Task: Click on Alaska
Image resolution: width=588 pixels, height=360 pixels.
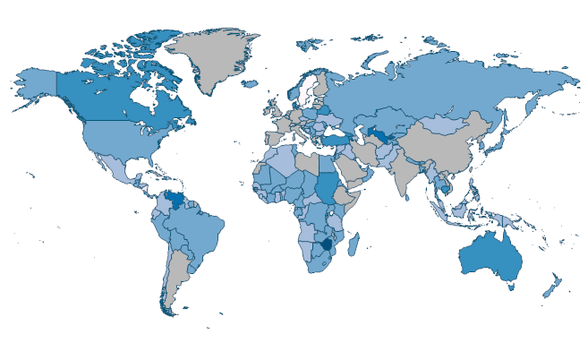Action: point(36,82)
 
